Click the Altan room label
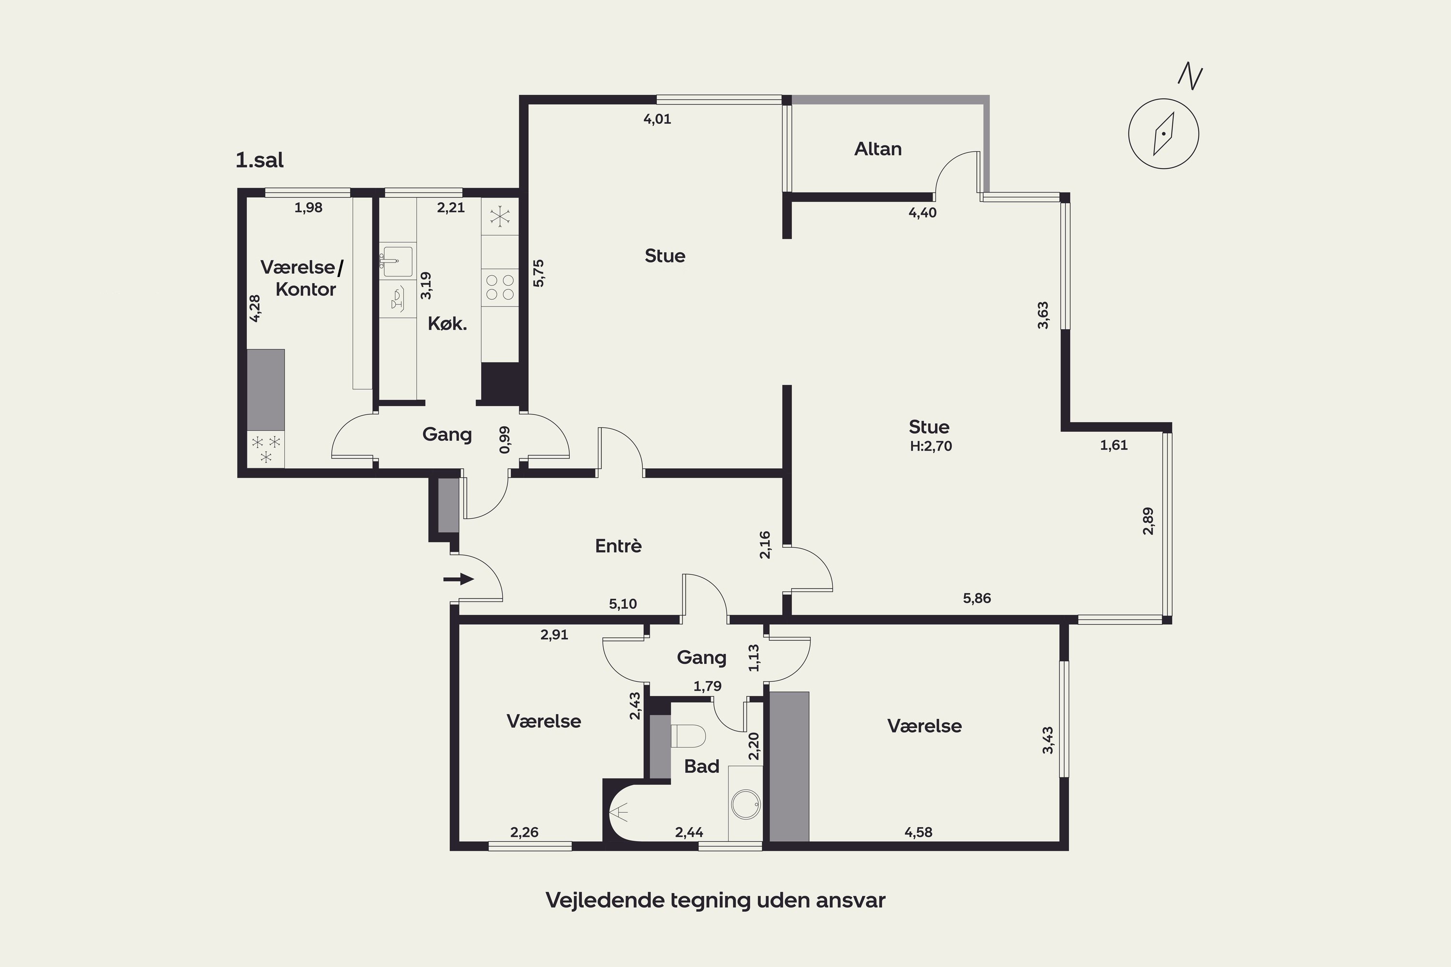click(x=878, y=148)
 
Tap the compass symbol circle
click(x=1164, y=99)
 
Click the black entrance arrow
click(x=459, y=579)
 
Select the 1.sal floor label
click(x=260, y=161)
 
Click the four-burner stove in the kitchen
click(x=500, y=287)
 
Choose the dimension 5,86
click(x=977, y=598)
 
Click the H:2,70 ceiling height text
click(x=931, y=446)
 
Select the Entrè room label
click(x=618, y=546)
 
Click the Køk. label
click(x=447, y=324)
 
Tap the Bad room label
click(x=702, y=766)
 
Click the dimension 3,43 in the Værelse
click(x=1048, y=740)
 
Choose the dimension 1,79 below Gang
click(x=708, y=686)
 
